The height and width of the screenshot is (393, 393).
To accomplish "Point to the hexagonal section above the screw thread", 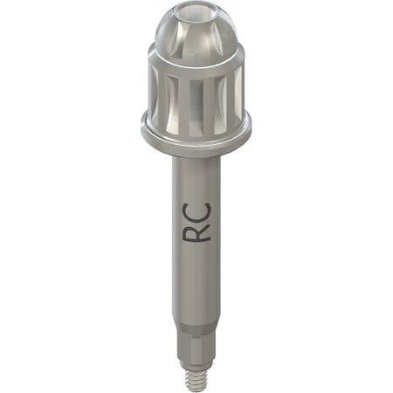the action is pos(196,348).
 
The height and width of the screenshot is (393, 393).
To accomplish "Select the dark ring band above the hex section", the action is pos(196,327).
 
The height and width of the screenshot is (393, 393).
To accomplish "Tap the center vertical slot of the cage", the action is pos(196,107).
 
